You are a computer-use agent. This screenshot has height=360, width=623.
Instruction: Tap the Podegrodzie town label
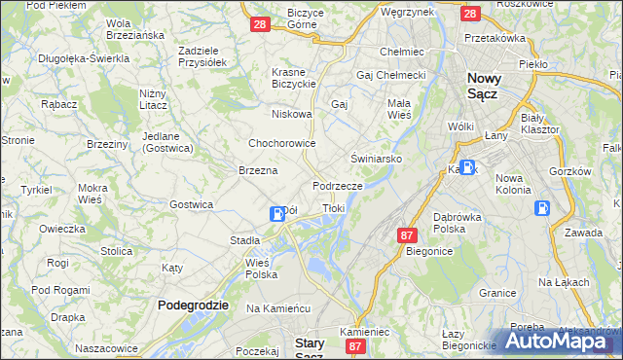[193, 305]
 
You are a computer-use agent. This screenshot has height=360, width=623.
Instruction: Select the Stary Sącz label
[316, 348]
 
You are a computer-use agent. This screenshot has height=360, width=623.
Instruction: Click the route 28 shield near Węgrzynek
[470, 14]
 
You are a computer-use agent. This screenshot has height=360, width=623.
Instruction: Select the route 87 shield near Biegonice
[407, 235]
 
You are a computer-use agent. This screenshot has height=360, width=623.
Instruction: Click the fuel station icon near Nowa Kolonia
[541, 207]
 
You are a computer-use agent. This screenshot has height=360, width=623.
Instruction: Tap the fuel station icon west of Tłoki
[277, 213]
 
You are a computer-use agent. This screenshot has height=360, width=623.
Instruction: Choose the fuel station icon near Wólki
[467, 166]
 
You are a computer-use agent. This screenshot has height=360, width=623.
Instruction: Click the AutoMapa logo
[559, 341]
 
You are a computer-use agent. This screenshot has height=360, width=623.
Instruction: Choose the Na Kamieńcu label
[277, 307]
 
